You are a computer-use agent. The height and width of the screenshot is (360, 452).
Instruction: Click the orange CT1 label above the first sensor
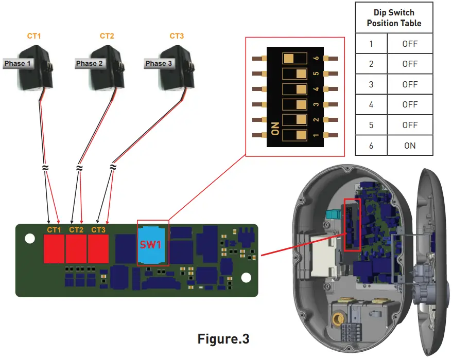pyautogui.click(x=33, y=36)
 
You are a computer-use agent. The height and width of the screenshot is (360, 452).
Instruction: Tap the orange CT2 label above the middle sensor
pyautogui.click(x=107, y=36)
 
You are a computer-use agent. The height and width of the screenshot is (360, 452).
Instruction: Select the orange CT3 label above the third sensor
pyautogui.click(x=177, y=36)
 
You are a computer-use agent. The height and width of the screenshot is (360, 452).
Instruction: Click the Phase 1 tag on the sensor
pyautogui.click(x=18, y=64)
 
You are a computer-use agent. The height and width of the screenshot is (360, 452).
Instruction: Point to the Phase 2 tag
pyautogui.click(x=90, y=64)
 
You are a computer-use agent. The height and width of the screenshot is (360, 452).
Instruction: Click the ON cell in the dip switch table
pyautogui.click(x=410, y=146)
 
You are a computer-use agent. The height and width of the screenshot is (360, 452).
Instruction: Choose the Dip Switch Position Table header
pyautogui.click(x=394, y=18)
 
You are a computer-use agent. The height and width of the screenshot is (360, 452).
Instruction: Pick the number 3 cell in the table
pyautogui.click(x=371, y=84)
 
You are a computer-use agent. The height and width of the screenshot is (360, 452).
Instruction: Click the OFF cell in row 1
pyautogui.click(x=410, y=44)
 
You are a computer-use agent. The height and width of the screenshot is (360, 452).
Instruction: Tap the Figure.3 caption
pyautogui.click(x=223, y=339)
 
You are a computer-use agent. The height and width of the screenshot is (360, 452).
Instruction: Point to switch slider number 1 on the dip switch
pyautogui.click(x=292, y=136)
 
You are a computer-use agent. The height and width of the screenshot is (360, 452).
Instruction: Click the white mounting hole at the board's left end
pyautogui.click(x=30, y=239)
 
